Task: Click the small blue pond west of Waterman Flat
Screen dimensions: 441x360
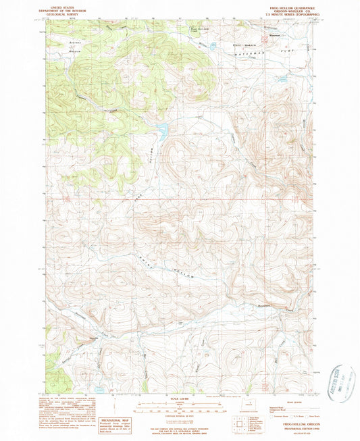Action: pyautogui.click(x=213, y=47)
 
